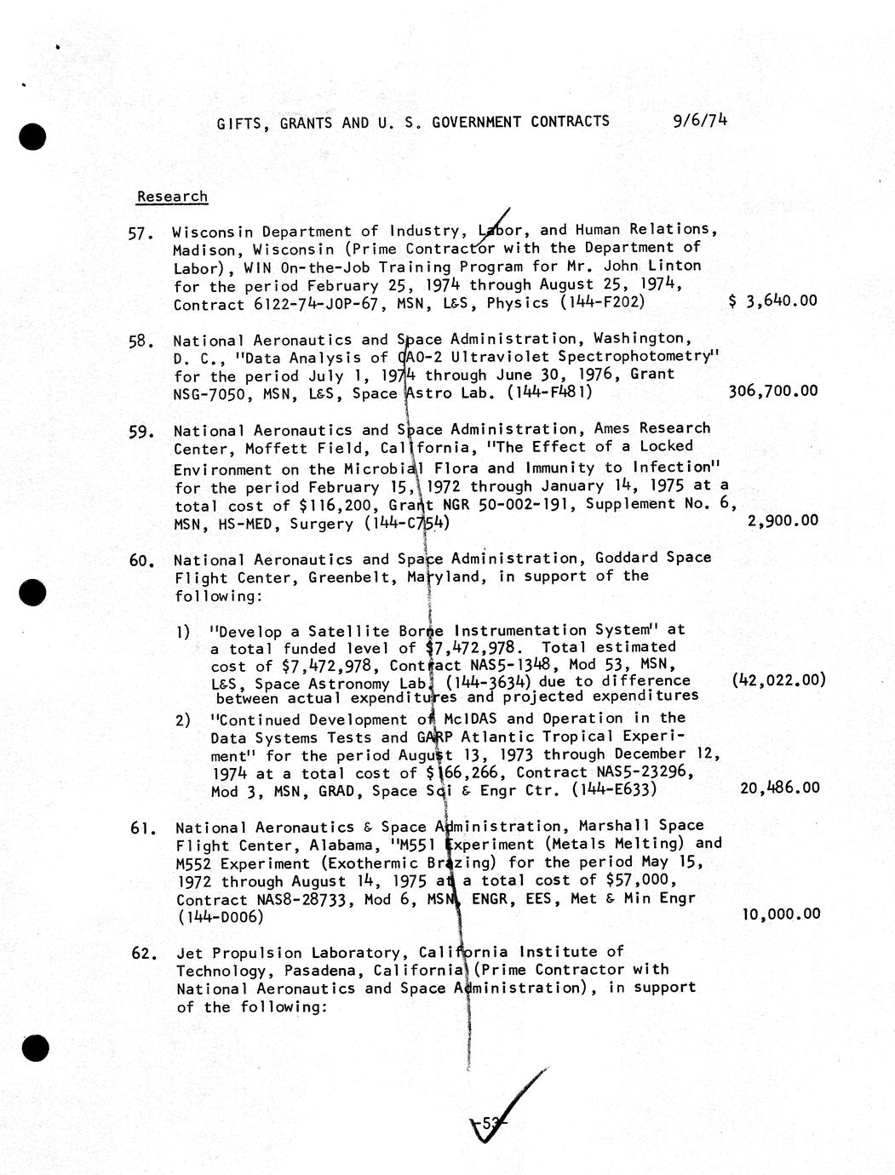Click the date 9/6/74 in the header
699,120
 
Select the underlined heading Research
172,197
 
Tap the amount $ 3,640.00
773,301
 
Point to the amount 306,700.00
773,391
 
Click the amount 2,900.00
783,520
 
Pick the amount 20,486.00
780,788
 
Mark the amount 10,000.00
781,914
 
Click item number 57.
140,233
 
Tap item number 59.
141,432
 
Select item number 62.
142,954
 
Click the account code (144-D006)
220,917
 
